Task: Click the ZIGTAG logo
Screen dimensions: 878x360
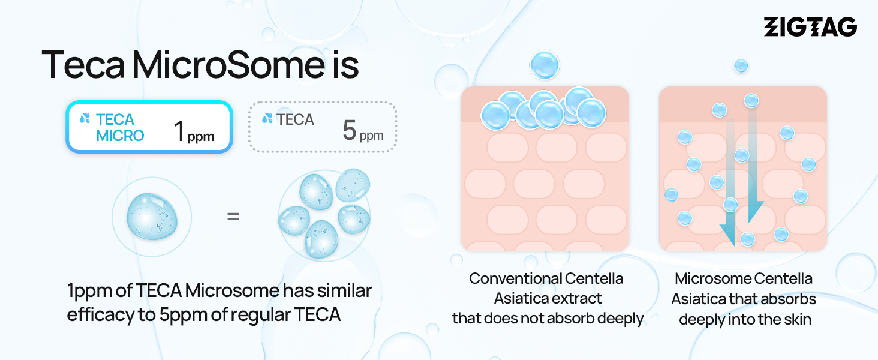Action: click(x=810, y=26)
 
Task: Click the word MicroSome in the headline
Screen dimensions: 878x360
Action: click(x=228, y=65)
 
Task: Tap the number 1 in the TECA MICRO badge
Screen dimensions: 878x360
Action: click(x=179, y=131)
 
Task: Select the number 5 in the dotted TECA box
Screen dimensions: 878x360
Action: click(x=349, y=130)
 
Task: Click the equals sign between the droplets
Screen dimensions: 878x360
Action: click(x=233, y=217)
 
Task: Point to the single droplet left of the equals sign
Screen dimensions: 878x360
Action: click(x=152, y=216)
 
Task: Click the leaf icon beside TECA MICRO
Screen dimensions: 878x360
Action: click(x=85, y=118)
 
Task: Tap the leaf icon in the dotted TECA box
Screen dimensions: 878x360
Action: click(x=267, y=118)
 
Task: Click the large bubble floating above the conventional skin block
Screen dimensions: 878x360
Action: click(x=545, y=65)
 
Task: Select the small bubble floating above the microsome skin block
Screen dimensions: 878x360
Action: click(x=741, y=66)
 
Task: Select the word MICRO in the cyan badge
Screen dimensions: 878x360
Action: click(x=121, y=136)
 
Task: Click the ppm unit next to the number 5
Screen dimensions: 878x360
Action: click(x=371, y=136)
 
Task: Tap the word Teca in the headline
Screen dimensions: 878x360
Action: click(x=83, y=65)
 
